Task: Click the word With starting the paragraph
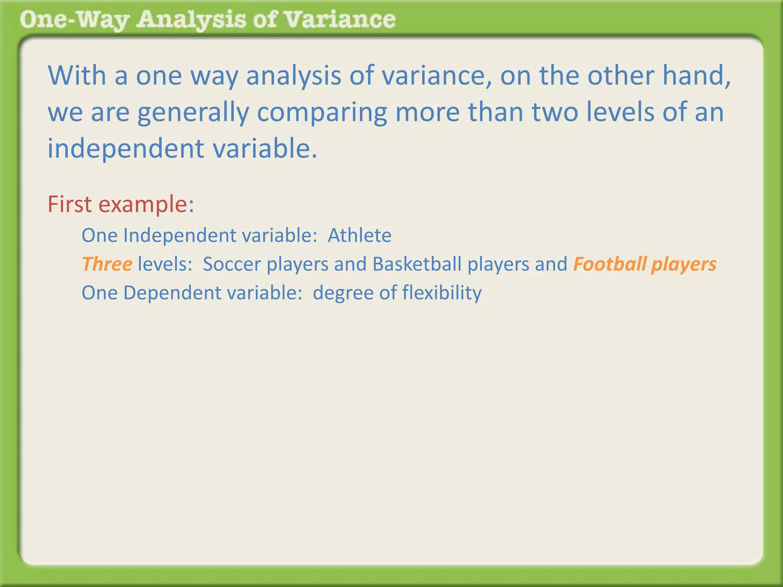[77, 76]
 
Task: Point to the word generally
[193, 113]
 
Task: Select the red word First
[70, 204]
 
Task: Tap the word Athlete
[359, 235]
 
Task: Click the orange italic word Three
[107, 264]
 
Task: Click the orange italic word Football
[610, 264]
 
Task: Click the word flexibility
[442, 293]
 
